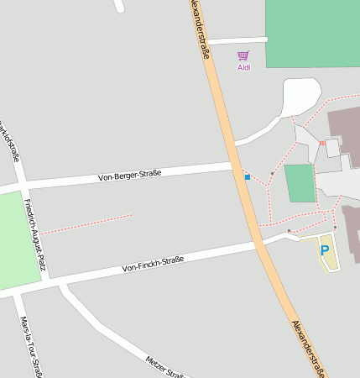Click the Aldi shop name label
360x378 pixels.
click(x=243, y=67)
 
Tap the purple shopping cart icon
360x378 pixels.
click(x=243, y=55)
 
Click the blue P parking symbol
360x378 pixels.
click(x=325, y=250)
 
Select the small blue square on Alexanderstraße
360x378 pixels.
click(x=247, y=176)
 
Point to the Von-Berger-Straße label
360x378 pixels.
click(x=129, y=176)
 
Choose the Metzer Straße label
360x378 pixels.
click(x=164, y=368)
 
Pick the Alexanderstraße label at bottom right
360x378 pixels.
click(x=308, y=346)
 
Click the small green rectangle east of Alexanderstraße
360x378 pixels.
click(x=299, y=183)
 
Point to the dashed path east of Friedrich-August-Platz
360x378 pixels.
click(x=86, y=223)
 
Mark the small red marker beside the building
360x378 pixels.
click(x=321, y=144)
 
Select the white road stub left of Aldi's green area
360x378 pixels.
click(x=236, y=40)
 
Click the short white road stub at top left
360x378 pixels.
click(x=119, y=6)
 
